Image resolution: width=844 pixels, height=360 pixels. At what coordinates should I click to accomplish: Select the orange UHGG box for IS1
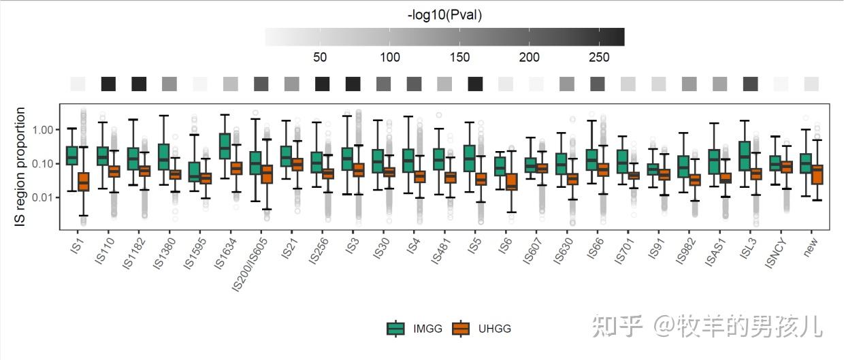(83, 182)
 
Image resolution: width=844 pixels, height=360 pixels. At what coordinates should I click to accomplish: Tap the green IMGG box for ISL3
(745, 156)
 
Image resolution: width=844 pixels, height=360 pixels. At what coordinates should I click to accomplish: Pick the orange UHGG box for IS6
(512, 182)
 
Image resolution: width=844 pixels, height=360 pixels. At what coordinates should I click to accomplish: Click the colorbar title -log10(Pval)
(444, 15)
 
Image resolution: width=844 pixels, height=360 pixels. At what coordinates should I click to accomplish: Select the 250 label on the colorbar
(599, 57)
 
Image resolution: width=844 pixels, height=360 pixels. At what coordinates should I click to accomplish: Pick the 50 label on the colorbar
(319, 57)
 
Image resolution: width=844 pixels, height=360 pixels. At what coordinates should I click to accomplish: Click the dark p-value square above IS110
(108, 84)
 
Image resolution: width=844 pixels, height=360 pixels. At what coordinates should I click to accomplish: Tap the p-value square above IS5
(475, 84)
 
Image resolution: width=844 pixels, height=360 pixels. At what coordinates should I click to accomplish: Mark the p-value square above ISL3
(750, 84)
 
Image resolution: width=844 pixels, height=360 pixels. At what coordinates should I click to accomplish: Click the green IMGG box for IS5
(470, 158)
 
